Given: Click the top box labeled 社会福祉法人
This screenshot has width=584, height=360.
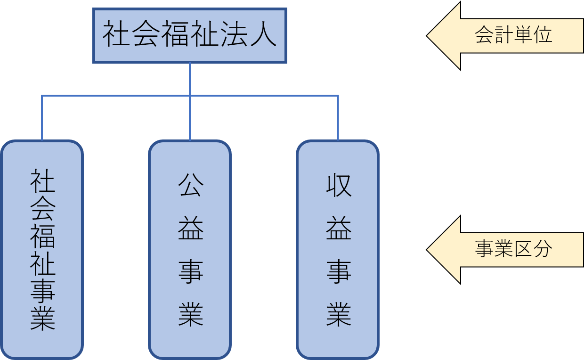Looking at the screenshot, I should pos(189,35).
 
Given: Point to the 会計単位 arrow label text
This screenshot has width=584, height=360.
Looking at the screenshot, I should pos(513,35).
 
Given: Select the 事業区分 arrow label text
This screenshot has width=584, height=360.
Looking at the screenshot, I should pos(513,249).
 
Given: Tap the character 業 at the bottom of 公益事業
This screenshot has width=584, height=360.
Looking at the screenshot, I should pos(190,314).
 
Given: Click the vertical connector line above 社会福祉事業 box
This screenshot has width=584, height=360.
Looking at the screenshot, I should pos(42,118).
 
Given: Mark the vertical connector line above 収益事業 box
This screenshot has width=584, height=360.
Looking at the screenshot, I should pos(338,118).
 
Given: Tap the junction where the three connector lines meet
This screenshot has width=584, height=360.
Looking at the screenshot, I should pos(190,96).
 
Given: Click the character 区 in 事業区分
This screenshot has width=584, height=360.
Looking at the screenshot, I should pos(523,249).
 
